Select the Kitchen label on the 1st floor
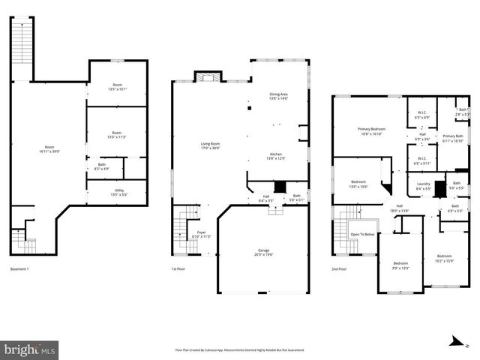click(x=277, y=156)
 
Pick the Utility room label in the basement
click(x=118, y=192)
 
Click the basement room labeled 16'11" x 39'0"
click(x=50, y=148)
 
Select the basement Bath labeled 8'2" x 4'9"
click(x=101, y=166)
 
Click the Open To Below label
click(x=362, y=235)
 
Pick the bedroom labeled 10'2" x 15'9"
click(x=445, y=258)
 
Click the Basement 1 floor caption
click(x=19, y=269)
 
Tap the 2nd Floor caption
click(x=338, y=269)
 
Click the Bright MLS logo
click(x=30, y=349)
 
